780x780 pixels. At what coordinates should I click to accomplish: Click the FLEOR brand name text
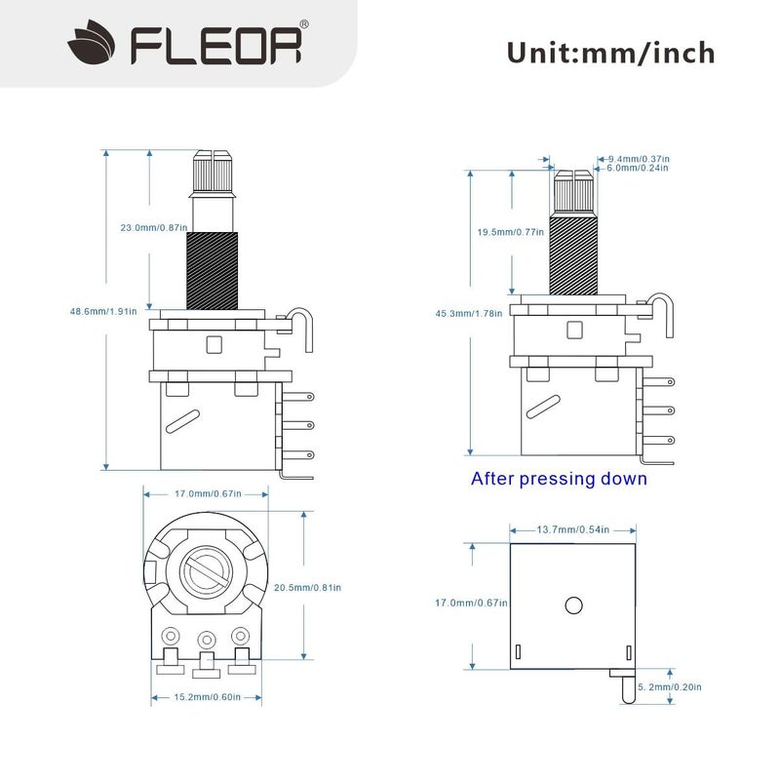tap(216, 45)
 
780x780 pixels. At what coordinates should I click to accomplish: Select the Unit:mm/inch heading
tap(610, 51)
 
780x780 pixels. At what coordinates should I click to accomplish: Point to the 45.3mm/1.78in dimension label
tap(469, 313)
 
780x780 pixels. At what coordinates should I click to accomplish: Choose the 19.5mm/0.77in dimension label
tap(509, 233)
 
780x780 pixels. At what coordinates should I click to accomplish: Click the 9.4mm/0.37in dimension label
tap(639, 158)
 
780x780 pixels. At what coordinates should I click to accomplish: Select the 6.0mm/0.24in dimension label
tap(638, 168)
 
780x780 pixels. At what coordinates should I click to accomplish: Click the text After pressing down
tap(559, 479)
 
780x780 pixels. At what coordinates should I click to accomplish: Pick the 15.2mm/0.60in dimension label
tap(206, 697)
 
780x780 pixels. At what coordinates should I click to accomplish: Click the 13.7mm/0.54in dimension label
tap(573, 529)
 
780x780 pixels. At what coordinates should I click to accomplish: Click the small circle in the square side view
tap(572, 604)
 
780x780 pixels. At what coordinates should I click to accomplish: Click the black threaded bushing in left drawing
tap(212, 270)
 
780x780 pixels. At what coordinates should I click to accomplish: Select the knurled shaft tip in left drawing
tap(212, 172)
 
